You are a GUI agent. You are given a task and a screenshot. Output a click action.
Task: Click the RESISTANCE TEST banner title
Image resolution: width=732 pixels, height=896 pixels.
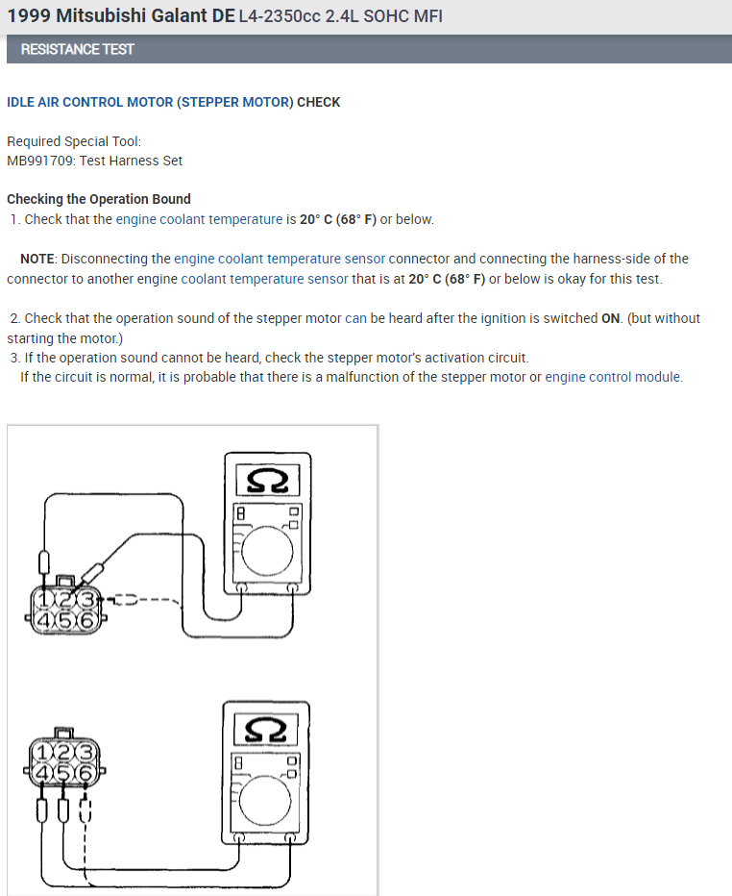[x=77, y=49]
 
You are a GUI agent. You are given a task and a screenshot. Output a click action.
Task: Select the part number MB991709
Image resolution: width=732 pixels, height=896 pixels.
[x=39, y=161]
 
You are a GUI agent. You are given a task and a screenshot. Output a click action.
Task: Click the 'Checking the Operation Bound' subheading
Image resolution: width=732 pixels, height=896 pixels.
[x=99, y=199]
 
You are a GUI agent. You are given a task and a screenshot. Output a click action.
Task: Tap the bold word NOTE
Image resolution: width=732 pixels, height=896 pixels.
[x=38, y=259]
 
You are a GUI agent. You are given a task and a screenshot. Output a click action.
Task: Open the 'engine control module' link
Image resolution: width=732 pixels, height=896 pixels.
[x=614, y=377]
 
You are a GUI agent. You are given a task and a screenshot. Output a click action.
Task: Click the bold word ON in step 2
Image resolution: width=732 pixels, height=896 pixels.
[x=611, y=318]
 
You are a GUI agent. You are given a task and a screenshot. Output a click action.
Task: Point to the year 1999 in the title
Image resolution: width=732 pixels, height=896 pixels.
[x=28, y=17]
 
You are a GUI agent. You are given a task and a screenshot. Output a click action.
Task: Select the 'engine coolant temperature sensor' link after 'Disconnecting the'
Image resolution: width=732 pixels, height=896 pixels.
[x=280, y=259]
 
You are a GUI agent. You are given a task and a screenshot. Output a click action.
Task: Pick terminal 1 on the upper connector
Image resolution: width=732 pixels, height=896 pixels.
[x=44, y=601]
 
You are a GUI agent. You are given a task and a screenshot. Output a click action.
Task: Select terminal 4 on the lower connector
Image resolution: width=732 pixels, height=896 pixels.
[x=44, y=771]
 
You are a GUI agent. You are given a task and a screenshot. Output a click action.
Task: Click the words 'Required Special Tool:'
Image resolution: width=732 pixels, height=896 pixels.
[x=74, y=141]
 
